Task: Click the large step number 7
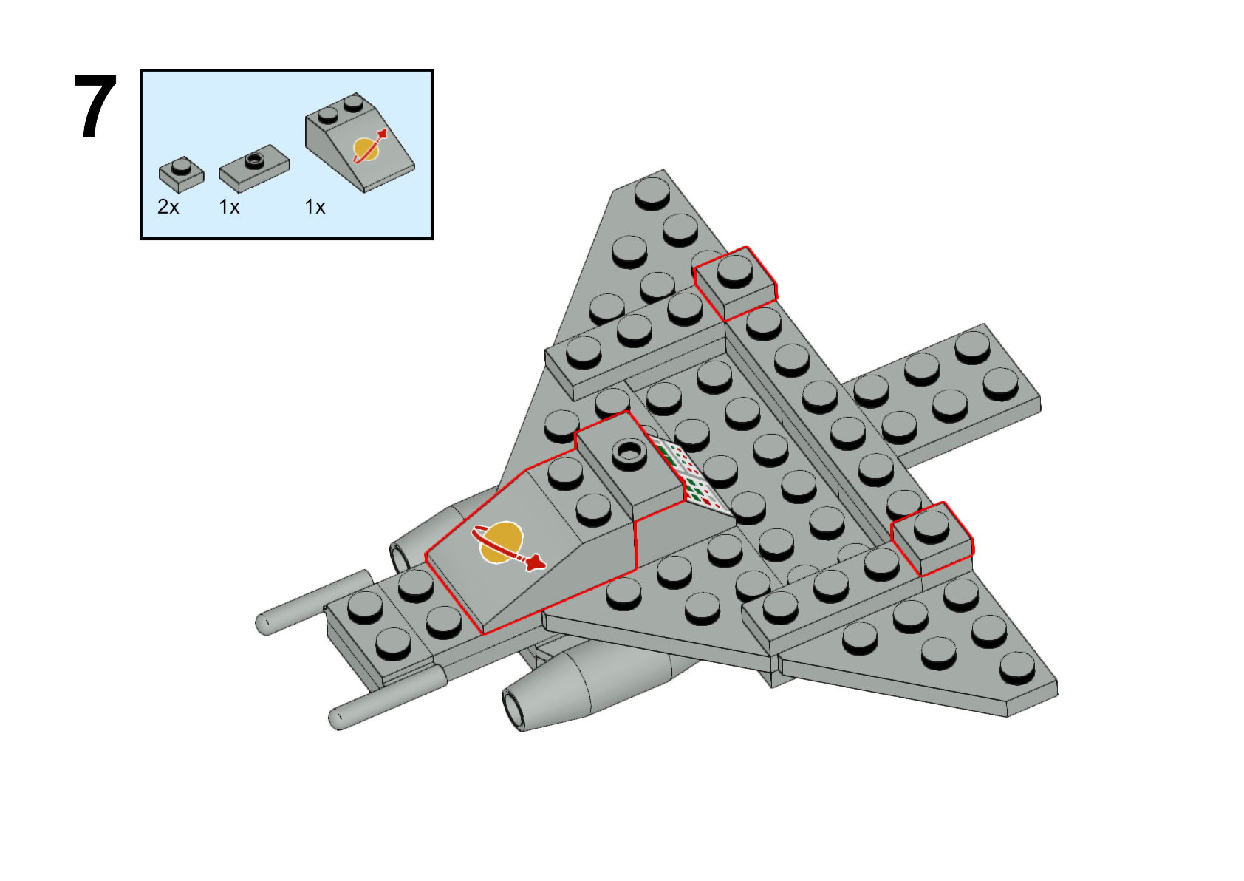(x=95, y=106)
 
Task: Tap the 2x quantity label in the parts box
(x=168, y=207)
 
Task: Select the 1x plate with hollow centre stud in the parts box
(x=254, y=169)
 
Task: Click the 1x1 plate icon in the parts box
(x=182, y=174)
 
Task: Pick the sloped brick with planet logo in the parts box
(x=359, y=142)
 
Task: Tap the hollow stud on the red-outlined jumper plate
(x=629, y=452)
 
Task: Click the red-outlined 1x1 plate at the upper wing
(x=735, y=283)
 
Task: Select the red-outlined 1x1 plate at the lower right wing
(x=932, y=539)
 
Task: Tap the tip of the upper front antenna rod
(x=263, y=625)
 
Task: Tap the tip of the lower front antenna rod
(x=337, y=719)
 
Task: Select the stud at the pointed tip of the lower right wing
(x=1017, y=668)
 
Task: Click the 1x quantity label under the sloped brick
(x=315, y=207)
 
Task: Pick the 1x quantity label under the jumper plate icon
(x=229, y=207)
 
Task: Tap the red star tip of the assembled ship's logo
(x=536, y=562)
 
